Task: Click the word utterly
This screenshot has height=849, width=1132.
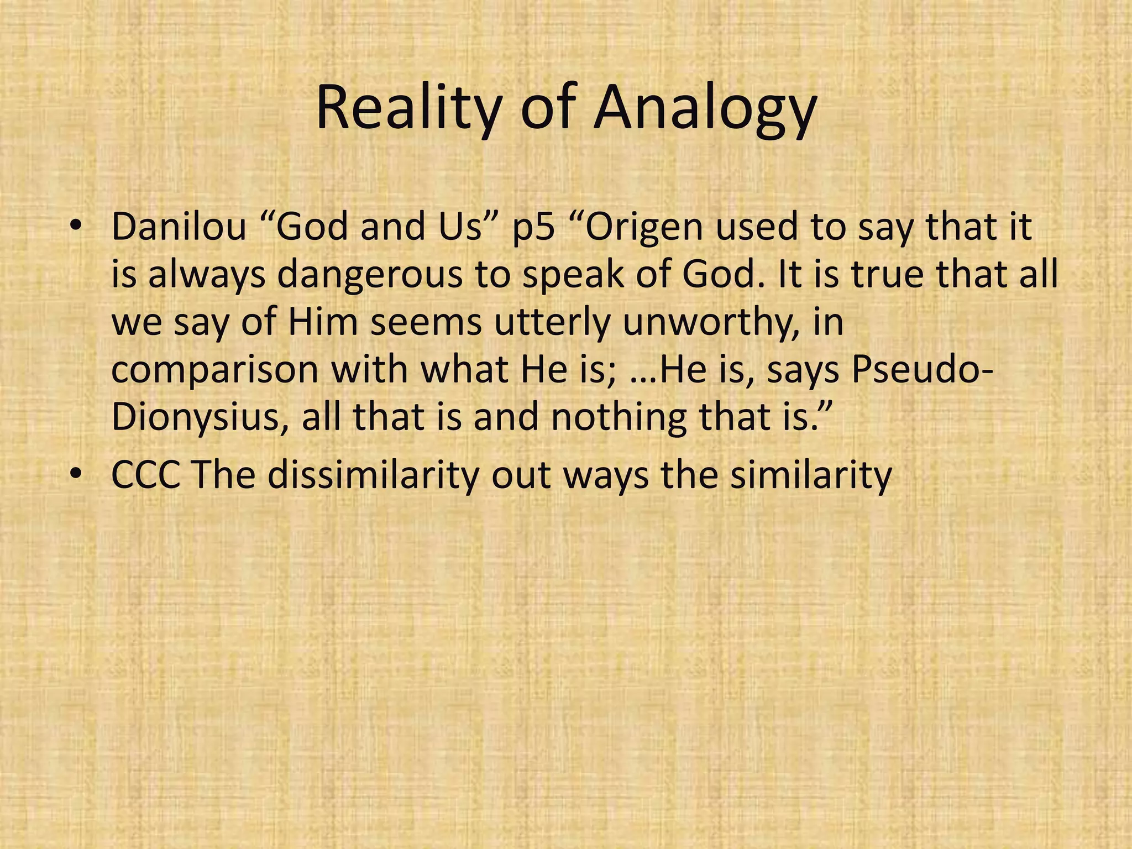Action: coord(553,322)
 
